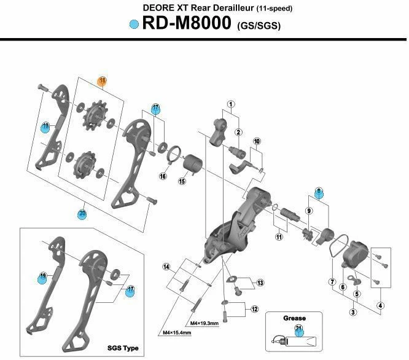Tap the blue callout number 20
point(82,214)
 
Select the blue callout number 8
point(319,192)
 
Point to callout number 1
point(231,104)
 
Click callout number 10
point(257,141)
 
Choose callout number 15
point(182,181)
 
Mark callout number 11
point(279,237)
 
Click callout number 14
point(166,266)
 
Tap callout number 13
point(260,283)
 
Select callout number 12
point(254,308)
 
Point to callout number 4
point(380,306)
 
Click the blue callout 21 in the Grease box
point(299,331)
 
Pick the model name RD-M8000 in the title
point(186,25)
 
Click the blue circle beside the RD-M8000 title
point(133,25)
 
